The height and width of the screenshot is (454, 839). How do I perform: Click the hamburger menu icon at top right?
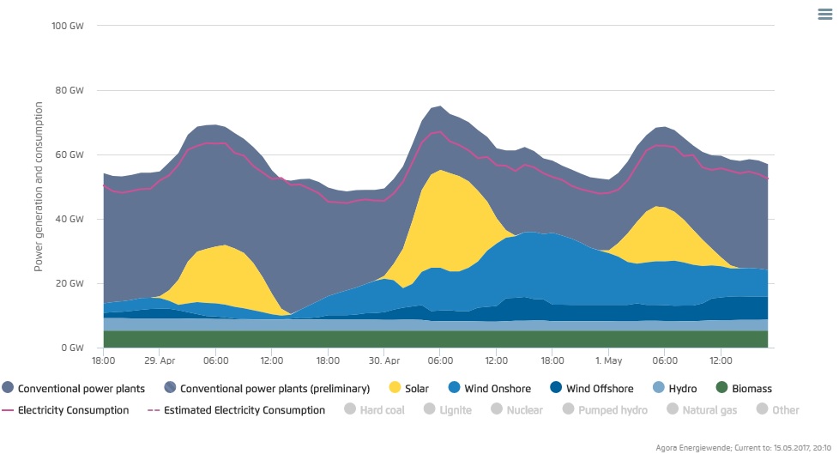coord(824,14)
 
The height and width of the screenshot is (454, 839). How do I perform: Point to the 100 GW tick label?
coord(68,26)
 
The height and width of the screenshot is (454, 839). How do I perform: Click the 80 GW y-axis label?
coord(70,90)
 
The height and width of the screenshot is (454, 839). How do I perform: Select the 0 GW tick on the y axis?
coord(73,348)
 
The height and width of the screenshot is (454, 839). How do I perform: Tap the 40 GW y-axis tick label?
coord(70,219)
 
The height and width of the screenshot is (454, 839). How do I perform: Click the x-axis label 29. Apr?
coord(160,361)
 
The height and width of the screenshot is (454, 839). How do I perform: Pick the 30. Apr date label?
coord(384,361)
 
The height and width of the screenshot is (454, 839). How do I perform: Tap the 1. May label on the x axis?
coord(608,361)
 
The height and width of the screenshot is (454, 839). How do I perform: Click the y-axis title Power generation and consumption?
coord(39,186)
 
